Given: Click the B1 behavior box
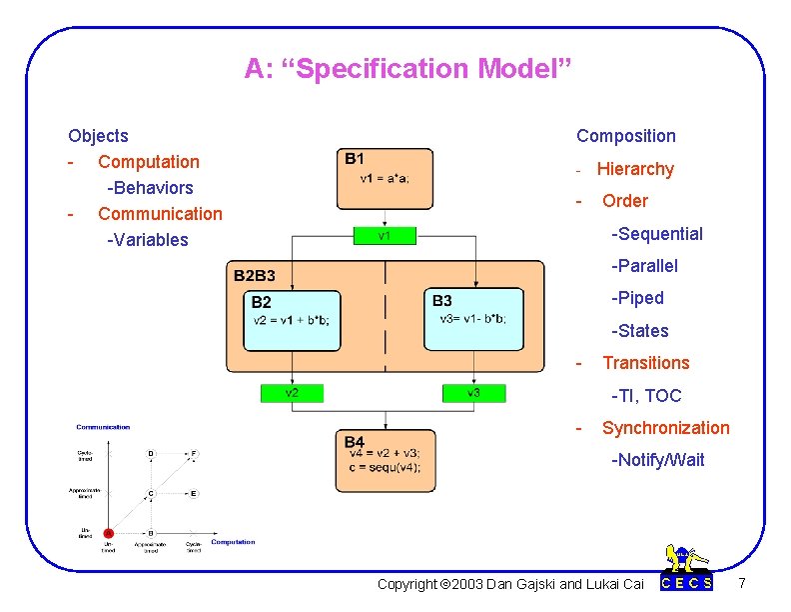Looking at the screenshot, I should click(387, 181).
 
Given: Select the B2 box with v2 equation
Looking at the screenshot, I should click(293, 320).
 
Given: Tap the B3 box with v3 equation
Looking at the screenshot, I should click(473, 319).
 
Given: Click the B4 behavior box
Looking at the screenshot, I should click(386, 461).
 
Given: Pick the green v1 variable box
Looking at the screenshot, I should click(385, 236).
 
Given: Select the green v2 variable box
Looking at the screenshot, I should click(291, 393).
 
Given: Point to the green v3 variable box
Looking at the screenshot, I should click(473, 393).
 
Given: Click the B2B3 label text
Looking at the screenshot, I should click(255, 275).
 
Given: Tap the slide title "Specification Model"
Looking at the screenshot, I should click(407, 69).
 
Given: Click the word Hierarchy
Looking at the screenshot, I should click(635, 169).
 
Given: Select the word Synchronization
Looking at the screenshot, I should click(665, 428).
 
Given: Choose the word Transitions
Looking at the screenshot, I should click(645, 363).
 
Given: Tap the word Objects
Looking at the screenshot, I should click(98, 136).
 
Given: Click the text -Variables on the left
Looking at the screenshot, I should click(147, 239).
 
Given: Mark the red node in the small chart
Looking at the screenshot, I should click(109, 533).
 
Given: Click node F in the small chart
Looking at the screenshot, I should click(193, 454).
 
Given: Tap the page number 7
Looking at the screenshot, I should click(740, 582).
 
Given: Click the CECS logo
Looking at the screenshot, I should click(687, 571).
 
